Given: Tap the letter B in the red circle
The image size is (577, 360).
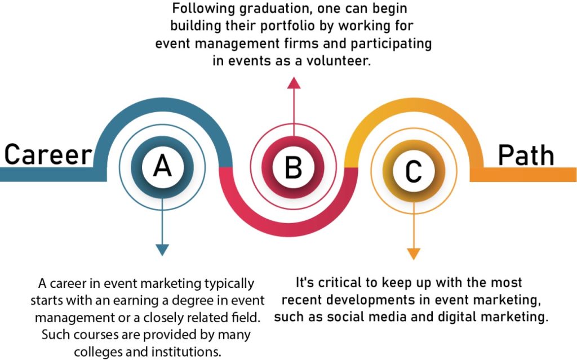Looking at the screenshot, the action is point(293,167).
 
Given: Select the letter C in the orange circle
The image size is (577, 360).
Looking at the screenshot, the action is point(413,171).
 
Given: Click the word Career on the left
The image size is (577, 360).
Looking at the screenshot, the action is point(48,154).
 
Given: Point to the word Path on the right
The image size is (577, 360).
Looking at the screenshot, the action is point(526,155).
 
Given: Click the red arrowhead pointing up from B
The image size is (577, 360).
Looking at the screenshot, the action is point(294,83).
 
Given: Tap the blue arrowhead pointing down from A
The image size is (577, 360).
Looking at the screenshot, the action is point(162,250).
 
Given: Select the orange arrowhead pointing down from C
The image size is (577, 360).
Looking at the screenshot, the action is point(414,254).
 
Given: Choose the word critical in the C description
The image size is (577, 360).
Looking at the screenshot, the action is point(340,283).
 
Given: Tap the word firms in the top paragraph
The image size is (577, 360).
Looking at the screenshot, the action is point(297,43).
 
